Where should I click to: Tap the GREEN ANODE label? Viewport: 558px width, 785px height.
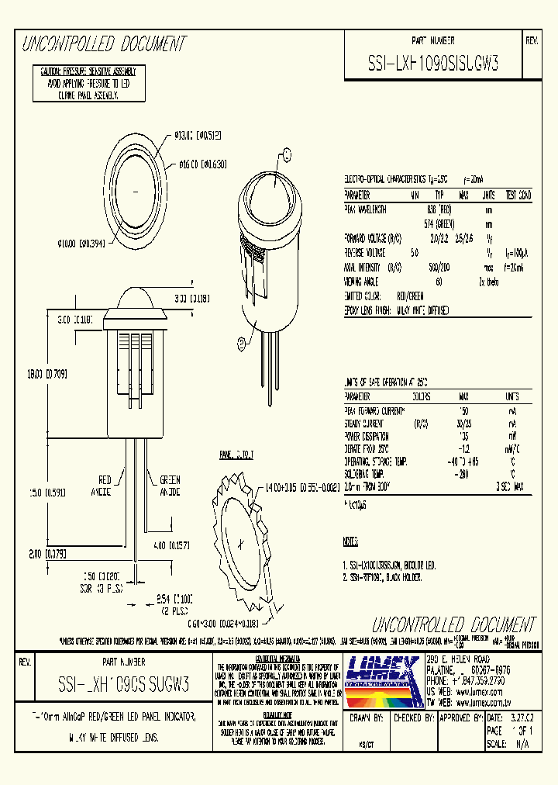pos(170,486)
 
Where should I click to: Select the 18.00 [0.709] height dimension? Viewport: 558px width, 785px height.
pos(47,374)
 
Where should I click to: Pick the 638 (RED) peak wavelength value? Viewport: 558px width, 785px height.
pos(439,209)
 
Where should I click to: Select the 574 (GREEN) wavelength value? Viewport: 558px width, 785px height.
pos(439,224)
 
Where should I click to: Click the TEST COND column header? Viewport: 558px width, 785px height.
pos(518,195)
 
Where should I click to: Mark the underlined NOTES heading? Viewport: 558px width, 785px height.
pos(350,541)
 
